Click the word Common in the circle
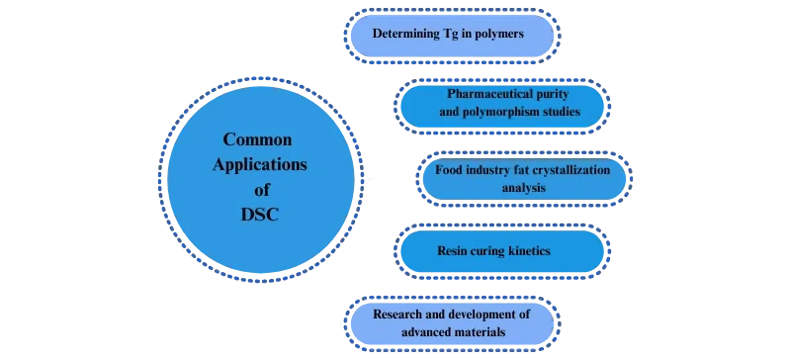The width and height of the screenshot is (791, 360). click(257, 139)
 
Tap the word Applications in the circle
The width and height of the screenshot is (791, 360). click(259, 164)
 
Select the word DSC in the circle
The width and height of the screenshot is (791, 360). click(259, 212)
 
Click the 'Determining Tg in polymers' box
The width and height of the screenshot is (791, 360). click(448, 36)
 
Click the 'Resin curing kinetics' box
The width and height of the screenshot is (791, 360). click(500, 251)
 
